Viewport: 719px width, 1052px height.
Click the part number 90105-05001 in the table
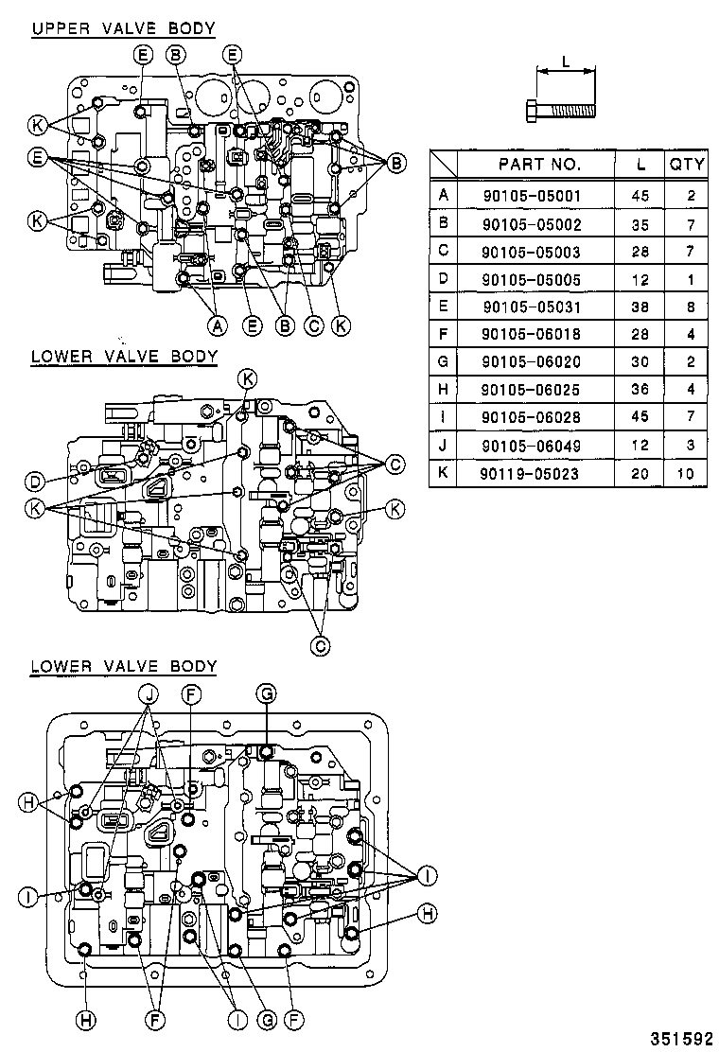coord(538,197)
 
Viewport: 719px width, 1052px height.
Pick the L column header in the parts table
coord(640,164)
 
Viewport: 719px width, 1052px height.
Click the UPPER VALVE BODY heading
coord(123,28)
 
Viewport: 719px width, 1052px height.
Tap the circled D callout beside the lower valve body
coord(35,482)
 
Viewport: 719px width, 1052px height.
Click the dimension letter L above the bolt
coord(565,61)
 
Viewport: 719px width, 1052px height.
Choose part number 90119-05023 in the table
coord(538,473)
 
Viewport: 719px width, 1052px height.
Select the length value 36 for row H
coord(640,390)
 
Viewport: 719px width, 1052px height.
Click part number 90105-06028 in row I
coord(538,417)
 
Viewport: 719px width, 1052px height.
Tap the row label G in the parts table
coord(442,362)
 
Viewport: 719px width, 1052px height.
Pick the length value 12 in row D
coord(640,279)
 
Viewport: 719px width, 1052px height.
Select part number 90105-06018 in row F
coord(538,335)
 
